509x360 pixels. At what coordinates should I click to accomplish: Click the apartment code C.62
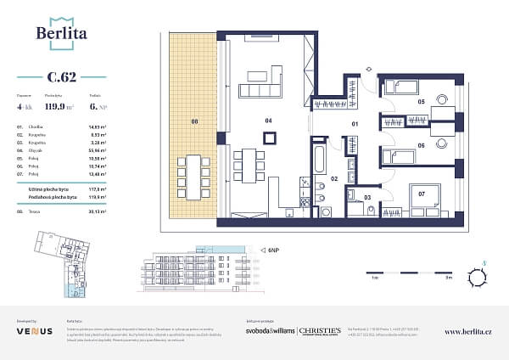pos(62,77)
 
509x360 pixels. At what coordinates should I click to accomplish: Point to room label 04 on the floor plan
pos(268,121)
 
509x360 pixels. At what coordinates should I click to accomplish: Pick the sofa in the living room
pos(260,91)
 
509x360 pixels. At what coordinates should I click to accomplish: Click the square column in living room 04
pos(268,142)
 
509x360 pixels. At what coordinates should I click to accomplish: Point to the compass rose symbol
pos(481,277)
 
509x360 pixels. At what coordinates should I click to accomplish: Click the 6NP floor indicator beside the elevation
pos(273,250)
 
